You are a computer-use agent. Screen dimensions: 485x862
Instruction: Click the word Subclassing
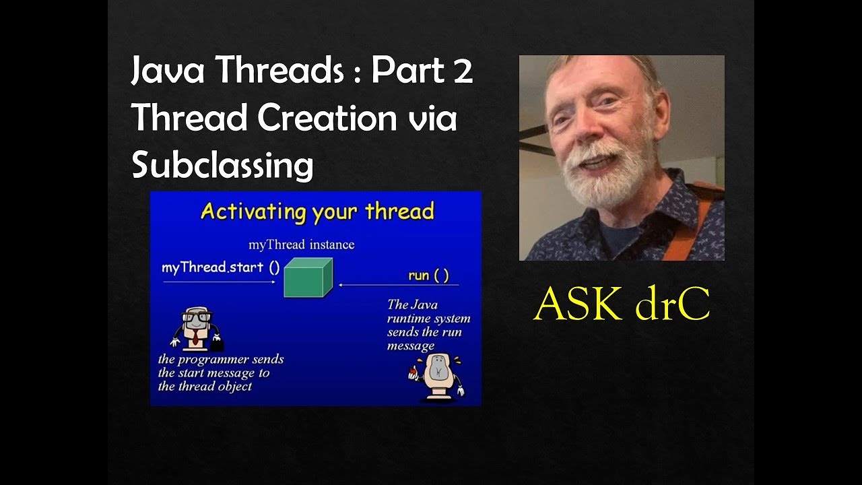[222, 165]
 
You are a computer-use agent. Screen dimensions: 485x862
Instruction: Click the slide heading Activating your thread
[317, 212]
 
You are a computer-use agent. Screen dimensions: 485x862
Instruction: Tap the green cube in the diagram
[308, 278]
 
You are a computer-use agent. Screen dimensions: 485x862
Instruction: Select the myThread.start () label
[220, 267]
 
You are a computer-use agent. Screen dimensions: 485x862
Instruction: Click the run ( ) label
[428, 275]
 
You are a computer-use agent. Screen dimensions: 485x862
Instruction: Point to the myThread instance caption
[301, 245]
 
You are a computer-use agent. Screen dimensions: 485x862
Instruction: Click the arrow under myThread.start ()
[220, 282]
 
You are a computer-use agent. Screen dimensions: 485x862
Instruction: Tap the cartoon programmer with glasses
[196, 329]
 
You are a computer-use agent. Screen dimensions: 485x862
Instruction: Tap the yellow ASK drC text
[622, 306]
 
